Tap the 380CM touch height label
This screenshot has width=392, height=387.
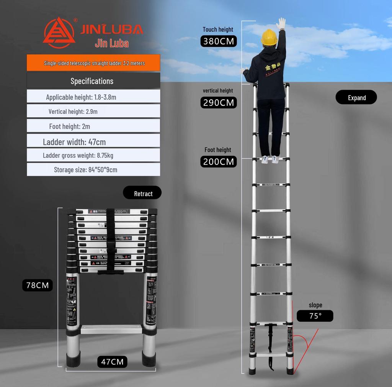tap(219, 41)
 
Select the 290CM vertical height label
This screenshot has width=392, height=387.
tap(219, 103)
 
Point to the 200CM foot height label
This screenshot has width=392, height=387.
tap(219, 162)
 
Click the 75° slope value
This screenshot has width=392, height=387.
tap(315, 316)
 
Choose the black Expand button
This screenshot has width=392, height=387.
tap(356, 98)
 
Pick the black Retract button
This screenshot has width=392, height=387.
tap(143, 193)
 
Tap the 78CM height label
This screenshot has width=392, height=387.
tap(37, 285)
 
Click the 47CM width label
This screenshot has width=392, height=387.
tap(112, 361)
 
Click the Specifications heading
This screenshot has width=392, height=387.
tap(93, 81)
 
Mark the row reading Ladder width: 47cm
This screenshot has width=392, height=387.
tap(93, 142)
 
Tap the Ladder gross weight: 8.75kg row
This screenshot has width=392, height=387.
tap(93, 155)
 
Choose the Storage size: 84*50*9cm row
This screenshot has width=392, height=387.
tap(93, 170)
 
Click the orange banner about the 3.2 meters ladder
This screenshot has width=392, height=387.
tap(93, 63)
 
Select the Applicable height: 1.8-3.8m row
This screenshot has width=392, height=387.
tap(93, 97)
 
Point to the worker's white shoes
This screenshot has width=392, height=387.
tap(270, 159)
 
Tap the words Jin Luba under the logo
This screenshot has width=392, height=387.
tap(112, 43)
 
